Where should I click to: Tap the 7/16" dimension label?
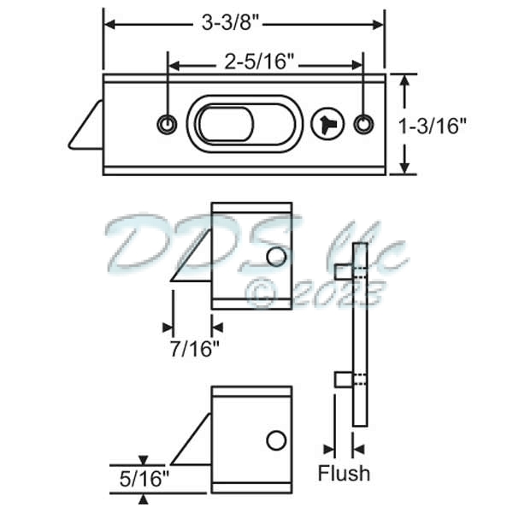192,348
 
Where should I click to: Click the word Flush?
344,473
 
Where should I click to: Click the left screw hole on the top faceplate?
167,125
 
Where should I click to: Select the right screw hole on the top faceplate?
364,124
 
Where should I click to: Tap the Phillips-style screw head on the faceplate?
327,124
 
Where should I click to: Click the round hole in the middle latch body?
275,256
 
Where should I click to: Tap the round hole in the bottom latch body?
275,440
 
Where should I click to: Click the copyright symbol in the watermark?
259,292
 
